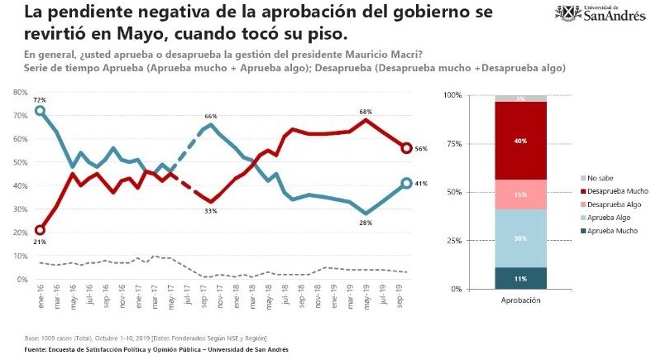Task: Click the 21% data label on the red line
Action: [40, 242]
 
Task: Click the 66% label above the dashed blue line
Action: [211, 117]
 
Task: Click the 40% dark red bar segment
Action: [520, 141]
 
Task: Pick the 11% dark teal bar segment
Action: [520, 278]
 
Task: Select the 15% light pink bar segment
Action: [520, 194]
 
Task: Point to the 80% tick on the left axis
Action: [21, 91]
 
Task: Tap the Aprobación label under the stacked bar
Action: [520, 300]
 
